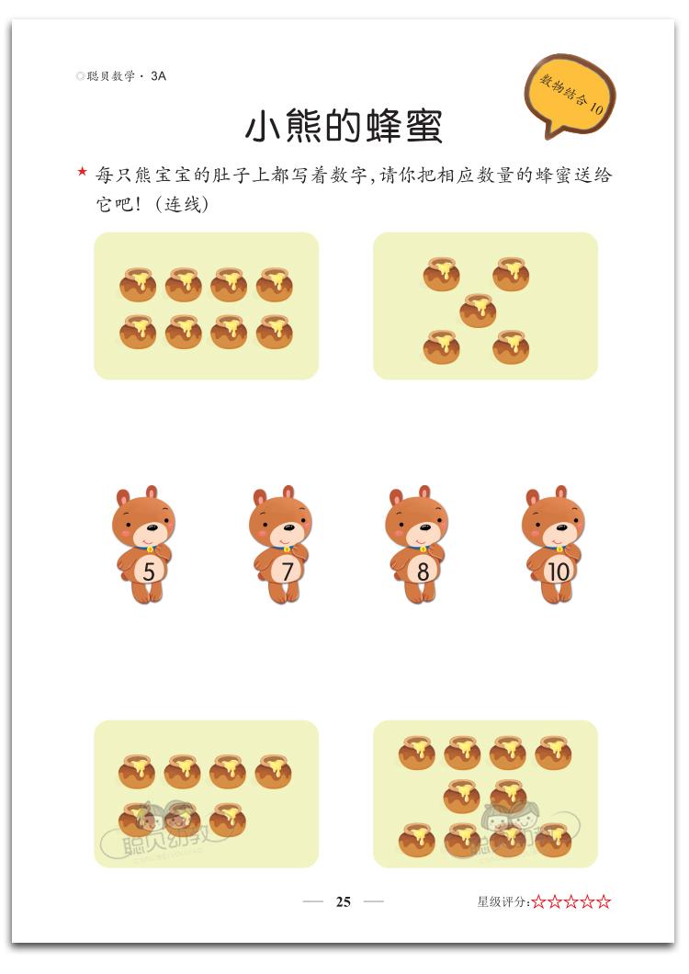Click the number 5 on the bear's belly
149,571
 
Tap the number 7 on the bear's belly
287,571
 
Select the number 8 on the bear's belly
423,571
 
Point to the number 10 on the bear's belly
558,571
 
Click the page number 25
344,901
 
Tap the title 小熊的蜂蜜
344,127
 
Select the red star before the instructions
82,172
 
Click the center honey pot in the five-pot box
478,310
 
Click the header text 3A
158,75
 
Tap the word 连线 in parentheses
185,204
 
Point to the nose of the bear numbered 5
148,527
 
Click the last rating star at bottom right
604,901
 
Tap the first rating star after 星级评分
538,901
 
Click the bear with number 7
281,544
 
